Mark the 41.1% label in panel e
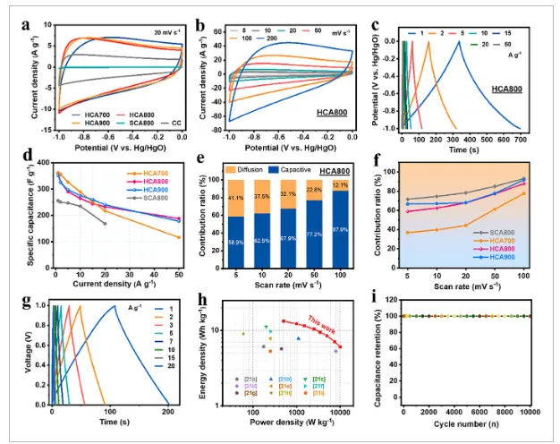pos(235,197)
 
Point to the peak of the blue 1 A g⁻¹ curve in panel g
pos(115,306)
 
